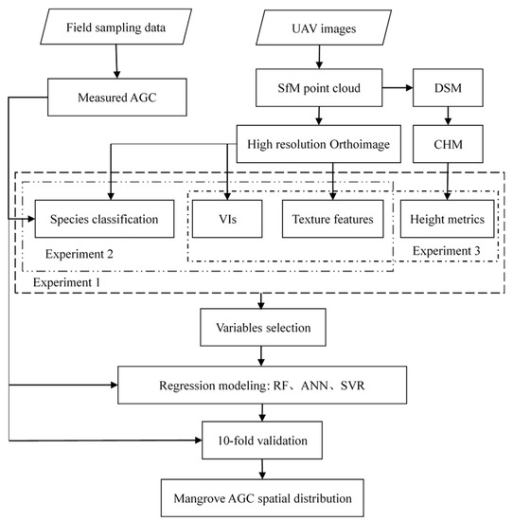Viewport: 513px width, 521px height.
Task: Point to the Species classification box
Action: [103, 217]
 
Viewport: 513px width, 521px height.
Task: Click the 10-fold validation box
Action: [262, 439]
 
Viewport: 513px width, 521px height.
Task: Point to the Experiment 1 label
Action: [66, 282]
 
